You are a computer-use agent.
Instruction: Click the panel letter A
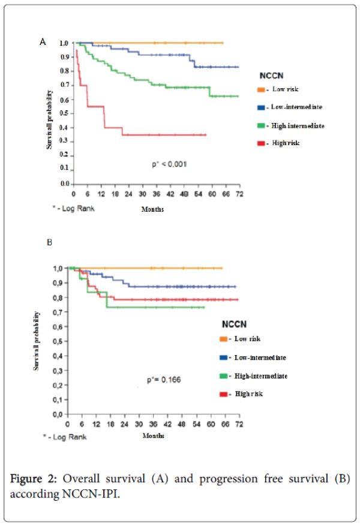point(43,41)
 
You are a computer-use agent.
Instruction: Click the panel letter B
point(50,244)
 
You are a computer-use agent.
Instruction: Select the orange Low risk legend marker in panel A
point(261,89)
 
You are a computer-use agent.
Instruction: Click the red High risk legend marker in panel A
point(261,143)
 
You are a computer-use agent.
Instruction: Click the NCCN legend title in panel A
point(271,75)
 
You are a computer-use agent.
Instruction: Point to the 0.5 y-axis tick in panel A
point(64,113)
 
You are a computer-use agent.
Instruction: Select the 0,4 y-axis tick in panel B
point(59,356)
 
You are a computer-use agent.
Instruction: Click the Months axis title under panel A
point(152,209)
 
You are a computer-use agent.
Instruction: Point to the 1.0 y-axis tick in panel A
point(64,43)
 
